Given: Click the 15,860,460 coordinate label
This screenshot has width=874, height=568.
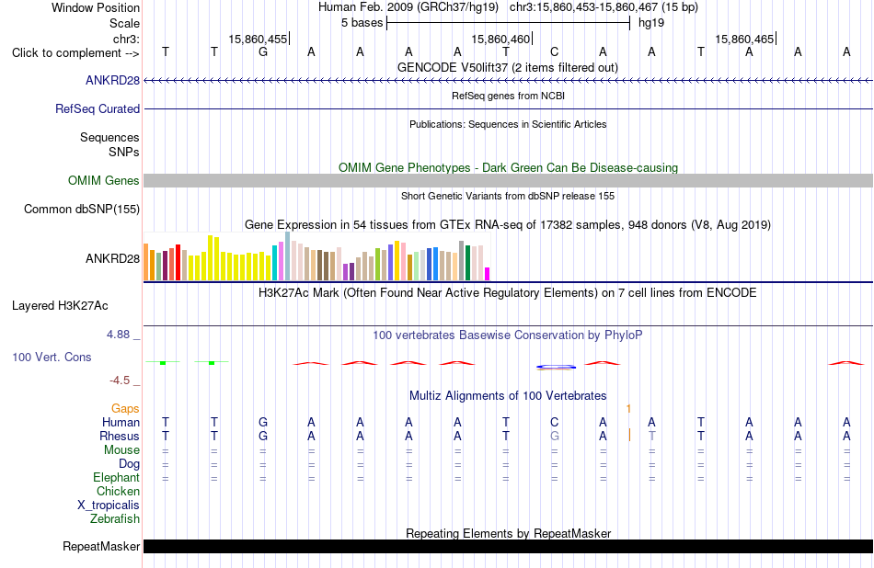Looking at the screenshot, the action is pyautogui.click(x=500, y=39).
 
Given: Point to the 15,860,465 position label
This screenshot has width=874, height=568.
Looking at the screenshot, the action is pyautogui.click(x=744, y=39).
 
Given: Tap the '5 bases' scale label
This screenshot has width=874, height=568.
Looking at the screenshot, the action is pyautogui.click(x=362, y=23).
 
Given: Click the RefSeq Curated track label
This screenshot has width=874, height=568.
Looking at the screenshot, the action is pyautogui.click(x=98, y=108).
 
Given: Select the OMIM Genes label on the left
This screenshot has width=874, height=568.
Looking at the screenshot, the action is pyautogui.click(x=104, y=180).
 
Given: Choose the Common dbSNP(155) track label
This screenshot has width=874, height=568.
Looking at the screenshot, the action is pyautogui.click(x=82, y=209).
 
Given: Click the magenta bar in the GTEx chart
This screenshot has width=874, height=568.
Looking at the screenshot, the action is pyautogui.click(x=487, y=273).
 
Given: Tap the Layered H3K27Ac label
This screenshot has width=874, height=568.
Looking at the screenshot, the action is pyautogui.click(x=60, y=306).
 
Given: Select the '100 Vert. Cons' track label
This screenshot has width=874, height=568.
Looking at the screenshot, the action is pyautogui.click(x=52, y=357).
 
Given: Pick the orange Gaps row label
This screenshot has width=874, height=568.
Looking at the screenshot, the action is pyautogui.click(x=125, y=409).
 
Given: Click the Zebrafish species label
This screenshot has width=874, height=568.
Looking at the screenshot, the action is pyautogui.click(x=115, y=518).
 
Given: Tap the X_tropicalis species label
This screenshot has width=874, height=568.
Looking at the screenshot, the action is pyautogui.click(x=109, y=506).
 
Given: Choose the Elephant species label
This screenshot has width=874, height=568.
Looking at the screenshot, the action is pyautogui.click(x=117, y=477).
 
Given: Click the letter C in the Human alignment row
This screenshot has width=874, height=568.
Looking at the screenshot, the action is pyautogui.click(x=554, y=422).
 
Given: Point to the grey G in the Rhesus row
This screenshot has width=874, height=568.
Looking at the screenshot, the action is pyautogui.click(x=554, y=436).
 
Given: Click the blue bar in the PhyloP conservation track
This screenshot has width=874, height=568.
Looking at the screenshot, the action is pyautogui.click(x=556, y=367).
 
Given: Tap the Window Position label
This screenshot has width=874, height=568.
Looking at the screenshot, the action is pyautogui.click(x=96, y=7).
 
